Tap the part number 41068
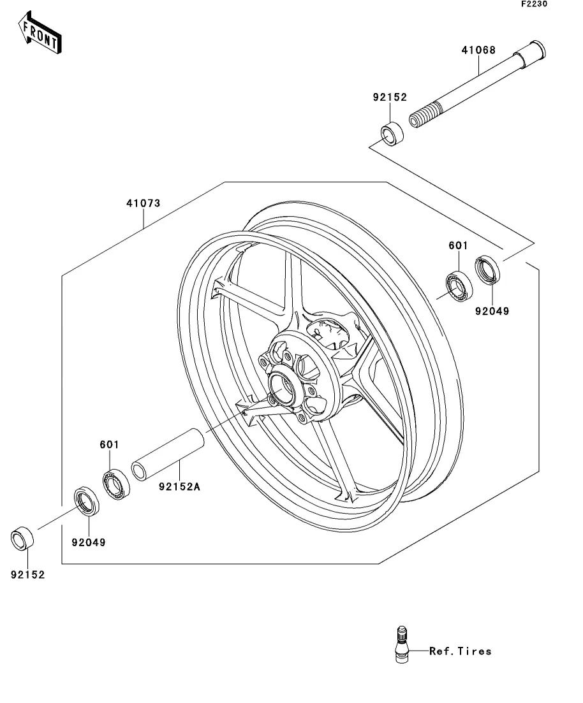(478, 50)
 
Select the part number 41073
(143, 203)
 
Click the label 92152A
(179, 486)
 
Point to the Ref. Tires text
(460, 651)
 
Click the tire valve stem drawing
(402, 644)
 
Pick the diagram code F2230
(534, 4)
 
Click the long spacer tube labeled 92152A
(168, 454)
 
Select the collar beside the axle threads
(392, 133)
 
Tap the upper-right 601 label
(458, 245)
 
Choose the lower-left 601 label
(109, 444)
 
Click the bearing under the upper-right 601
(459, 286)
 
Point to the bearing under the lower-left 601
(116, 484)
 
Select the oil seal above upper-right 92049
(487, 270)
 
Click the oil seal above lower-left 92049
(87, 500)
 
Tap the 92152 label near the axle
(390, 98)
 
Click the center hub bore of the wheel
(283, 387)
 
